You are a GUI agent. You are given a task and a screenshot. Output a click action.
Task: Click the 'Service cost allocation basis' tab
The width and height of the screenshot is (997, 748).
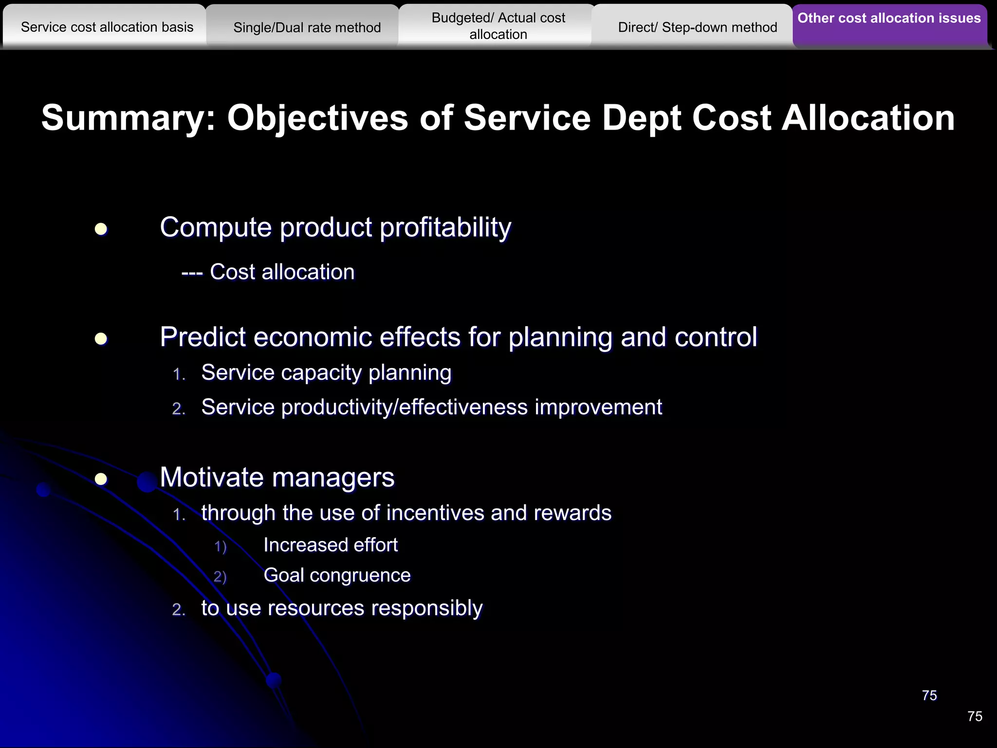[107, 27]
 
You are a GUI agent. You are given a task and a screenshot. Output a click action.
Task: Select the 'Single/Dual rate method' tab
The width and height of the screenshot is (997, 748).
[307, 28]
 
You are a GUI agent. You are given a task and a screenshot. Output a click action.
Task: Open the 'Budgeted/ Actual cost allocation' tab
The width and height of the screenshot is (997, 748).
[498, 26]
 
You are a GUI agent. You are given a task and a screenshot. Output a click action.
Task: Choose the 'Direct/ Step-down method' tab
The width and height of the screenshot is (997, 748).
[697, 28]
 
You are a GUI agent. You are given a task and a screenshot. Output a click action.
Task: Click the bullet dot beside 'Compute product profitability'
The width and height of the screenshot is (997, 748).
[101, 229]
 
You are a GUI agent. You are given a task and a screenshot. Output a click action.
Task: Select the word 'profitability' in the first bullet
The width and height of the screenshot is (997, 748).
[445, 228]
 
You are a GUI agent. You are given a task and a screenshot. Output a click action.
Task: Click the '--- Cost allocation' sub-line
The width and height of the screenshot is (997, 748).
[268, 272]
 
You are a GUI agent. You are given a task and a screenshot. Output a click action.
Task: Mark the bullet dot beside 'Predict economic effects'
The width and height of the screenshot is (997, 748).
[101, 338]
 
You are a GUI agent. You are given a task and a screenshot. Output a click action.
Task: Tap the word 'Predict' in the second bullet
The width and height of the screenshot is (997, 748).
[203, 337]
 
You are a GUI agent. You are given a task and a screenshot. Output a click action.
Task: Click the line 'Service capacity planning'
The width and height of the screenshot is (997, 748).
[326, 373]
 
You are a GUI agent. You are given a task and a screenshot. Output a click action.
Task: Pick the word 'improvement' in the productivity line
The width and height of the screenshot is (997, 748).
[598, 407]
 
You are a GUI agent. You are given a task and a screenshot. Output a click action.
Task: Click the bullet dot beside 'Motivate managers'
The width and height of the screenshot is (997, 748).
[101, 479]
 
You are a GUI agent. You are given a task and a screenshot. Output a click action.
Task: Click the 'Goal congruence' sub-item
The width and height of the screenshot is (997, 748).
[337, 576]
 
